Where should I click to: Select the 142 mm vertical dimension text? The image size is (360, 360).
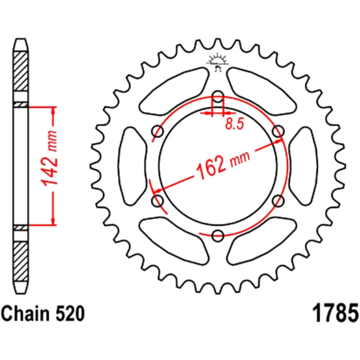pyautogui.click(x=50, y=165)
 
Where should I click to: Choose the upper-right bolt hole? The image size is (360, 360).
pyautogui.click(x=278, y=131)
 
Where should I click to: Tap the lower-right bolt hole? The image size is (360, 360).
pyautogui.click(x=278, y=201)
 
